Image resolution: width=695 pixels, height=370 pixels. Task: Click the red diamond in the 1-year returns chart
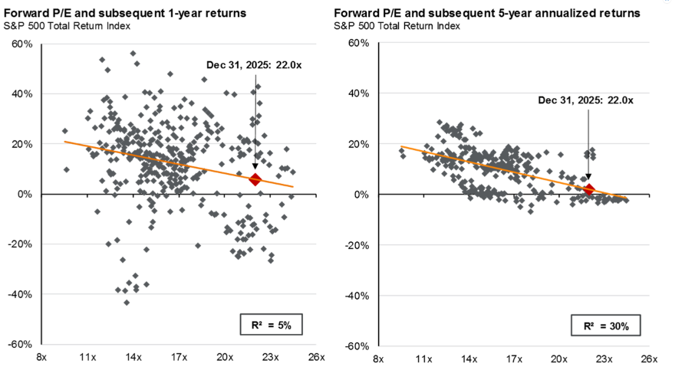[255, 179]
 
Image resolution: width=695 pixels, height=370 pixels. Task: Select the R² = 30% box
[604, 326]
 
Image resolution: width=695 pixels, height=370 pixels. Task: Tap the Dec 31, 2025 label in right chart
[587, 100]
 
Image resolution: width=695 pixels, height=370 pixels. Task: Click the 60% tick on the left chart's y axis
[21, 44]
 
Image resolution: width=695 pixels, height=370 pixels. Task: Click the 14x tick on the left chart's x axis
[133, 358]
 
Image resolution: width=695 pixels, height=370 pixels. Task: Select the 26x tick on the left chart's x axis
[316, 358]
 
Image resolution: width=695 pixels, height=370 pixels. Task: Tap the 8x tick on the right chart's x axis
[377, 358]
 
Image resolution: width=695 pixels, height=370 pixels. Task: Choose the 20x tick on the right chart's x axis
[559, 358]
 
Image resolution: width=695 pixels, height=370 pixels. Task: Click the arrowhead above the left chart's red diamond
[255, 169]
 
